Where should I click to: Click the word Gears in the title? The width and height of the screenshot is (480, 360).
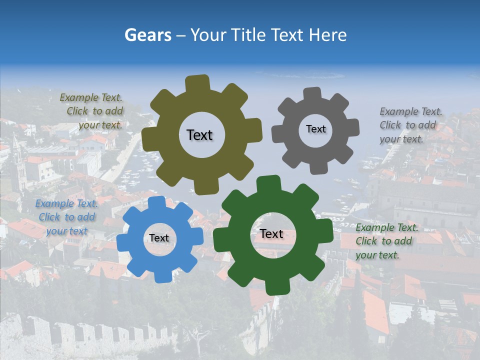click(x=148, y=35)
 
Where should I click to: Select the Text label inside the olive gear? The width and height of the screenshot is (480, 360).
click(x=199, y=135)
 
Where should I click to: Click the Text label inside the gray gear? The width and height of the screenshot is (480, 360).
click(x=315, y=129)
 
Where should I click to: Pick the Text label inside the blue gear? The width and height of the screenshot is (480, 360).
click(x=159, y=238)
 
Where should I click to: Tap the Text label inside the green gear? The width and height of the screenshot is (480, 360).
click(x=271, y=233)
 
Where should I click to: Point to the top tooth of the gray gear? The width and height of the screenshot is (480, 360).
click(x=312, y=94)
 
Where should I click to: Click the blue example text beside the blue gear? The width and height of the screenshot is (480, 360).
click(x=66, y=217)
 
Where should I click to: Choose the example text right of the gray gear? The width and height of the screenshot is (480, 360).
click(x=410, y=125)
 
